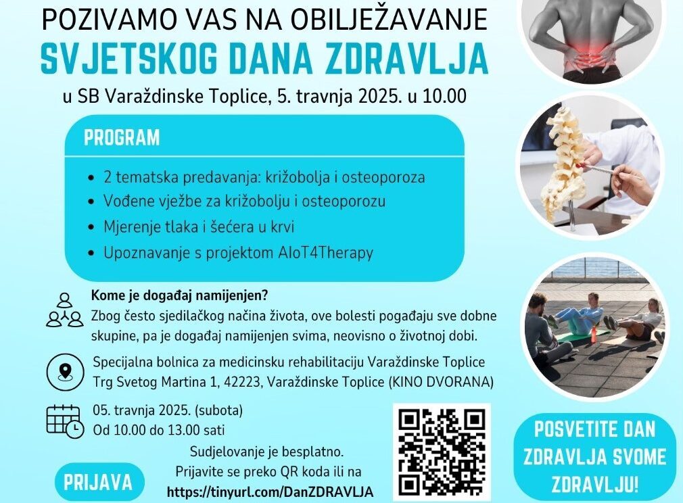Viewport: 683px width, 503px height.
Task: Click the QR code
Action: pos(442,452)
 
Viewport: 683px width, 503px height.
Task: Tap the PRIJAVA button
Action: pos(99,483)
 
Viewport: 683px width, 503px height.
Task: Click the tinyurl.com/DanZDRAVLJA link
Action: pos(270,492)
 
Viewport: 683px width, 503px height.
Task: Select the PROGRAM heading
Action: pos(122,138)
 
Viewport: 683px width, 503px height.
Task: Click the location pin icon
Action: pos(66,372)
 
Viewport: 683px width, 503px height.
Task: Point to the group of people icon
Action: pos(64,310)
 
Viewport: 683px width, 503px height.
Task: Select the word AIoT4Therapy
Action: pos(325,253)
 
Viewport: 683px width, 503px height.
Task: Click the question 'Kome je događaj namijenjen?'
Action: pos(179,295)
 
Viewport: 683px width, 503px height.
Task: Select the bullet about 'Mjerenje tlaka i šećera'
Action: pos(199,227)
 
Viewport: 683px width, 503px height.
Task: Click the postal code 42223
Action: pos(241,383)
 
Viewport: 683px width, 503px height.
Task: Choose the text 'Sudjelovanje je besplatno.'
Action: pos(266,452)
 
